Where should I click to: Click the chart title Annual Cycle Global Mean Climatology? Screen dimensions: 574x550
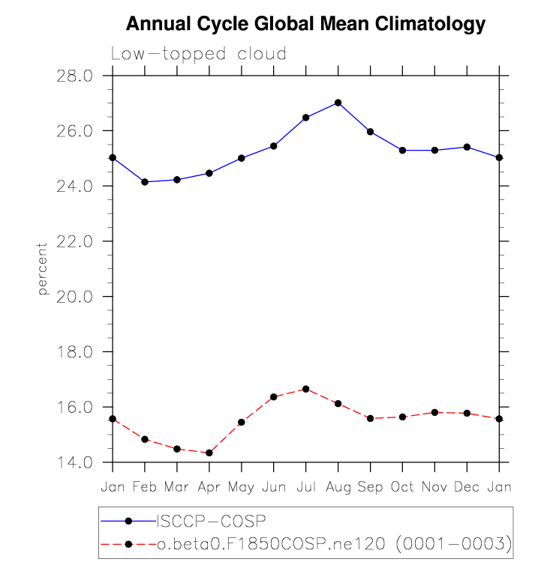[x=306, y=25]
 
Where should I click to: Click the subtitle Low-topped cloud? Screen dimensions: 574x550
[x=199, y=54]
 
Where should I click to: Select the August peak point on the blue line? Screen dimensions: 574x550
[x=338, y=103]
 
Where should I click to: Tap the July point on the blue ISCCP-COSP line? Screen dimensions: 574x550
[x=305, y=118]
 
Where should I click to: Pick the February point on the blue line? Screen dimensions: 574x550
[x=145, y=182]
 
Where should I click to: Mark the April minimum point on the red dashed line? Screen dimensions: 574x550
[x=209, y=453]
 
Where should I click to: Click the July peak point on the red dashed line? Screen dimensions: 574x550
[x=305, y=389]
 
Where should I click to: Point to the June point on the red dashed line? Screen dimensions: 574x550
[x=274, y=396]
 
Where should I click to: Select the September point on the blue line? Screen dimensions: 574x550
[x=370, y=132]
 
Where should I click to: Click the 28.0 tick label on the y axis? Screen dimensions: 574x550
[x=75, y=76]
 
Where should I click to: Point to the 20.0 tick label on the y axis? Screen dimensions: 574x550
[x=75, y=297]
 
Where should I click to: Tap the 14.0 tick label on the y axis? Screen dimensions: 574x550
[x=75, y=462]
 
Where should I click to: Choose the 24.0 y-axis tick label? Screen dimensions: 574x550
[x=75, y=186]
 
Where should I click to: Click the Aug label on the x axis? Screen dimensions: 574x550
[x=338, y=487]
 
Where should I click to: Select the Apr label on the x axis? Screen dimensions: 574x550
[x=209, y=487]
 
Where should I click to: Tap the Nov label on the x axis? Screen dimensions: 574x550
[x=434, y=487]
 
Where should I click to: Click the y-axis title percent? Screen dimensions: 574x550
[x=43, y=268]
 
